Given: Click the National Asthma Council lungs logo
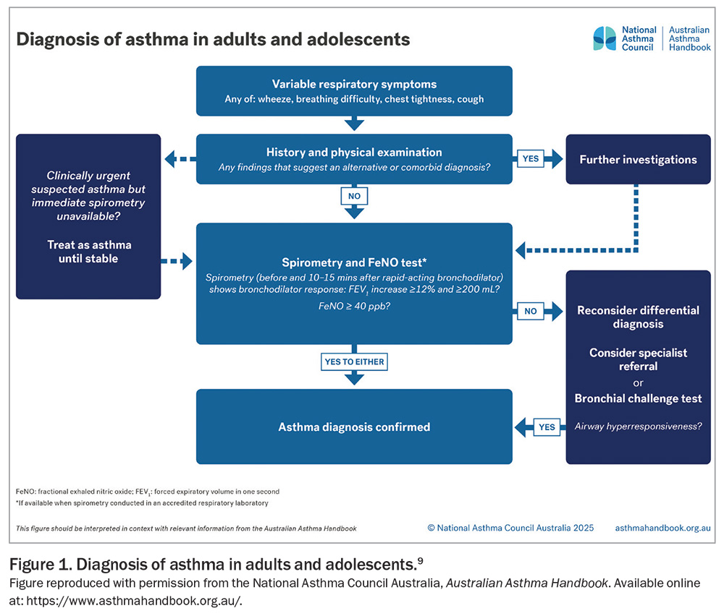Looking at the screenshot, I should pyautogui.click(x=605, y=38).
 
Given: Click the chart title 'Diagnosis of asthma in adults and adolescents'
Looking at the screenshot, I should pyautogui.click(x=213, y=38).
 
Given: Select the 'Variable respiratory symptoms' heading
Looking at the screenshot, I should pyautogui.click(x=354, y=85).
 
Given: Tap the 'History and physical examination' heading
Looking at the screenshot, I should pyautogui.click(x=354, y=153).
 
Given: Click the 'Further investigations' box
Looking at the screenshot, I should pyautogui.click(x=638, y=160).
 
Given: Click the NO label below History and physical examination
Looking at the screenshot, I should pyautogui.click(x=354, y=196).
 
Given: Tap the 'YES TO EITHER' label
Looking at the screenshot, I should pyautogui.click(x=354, y=362).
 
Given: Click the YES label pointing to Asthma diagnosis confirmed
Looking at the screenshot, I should pyautogui.click(x=547, y=427).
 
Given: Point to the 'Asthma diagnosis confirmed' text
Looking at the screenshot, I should pyautogui.click(x=354, y=427).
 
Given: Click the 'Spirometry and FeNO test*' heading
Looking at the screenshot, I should pyautogui.click(x=354, y=262).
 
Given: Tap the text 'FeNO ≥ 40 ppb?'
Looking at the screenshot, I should pyautogui.click(x=354, y=306).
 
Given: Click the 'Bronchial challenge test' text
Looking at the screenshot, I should pyautogui.click(x=638, y=398).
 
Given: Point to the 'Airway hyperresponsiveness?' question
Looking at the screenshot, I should pyautogui.click(x=638, y=426).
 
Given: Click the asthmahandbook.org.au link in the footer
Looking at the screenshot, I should pyautogui.click(x=662, y=528).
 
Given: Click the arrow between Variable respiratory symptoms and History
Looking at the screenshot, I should pyautogui.click(x=354, y=124).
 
